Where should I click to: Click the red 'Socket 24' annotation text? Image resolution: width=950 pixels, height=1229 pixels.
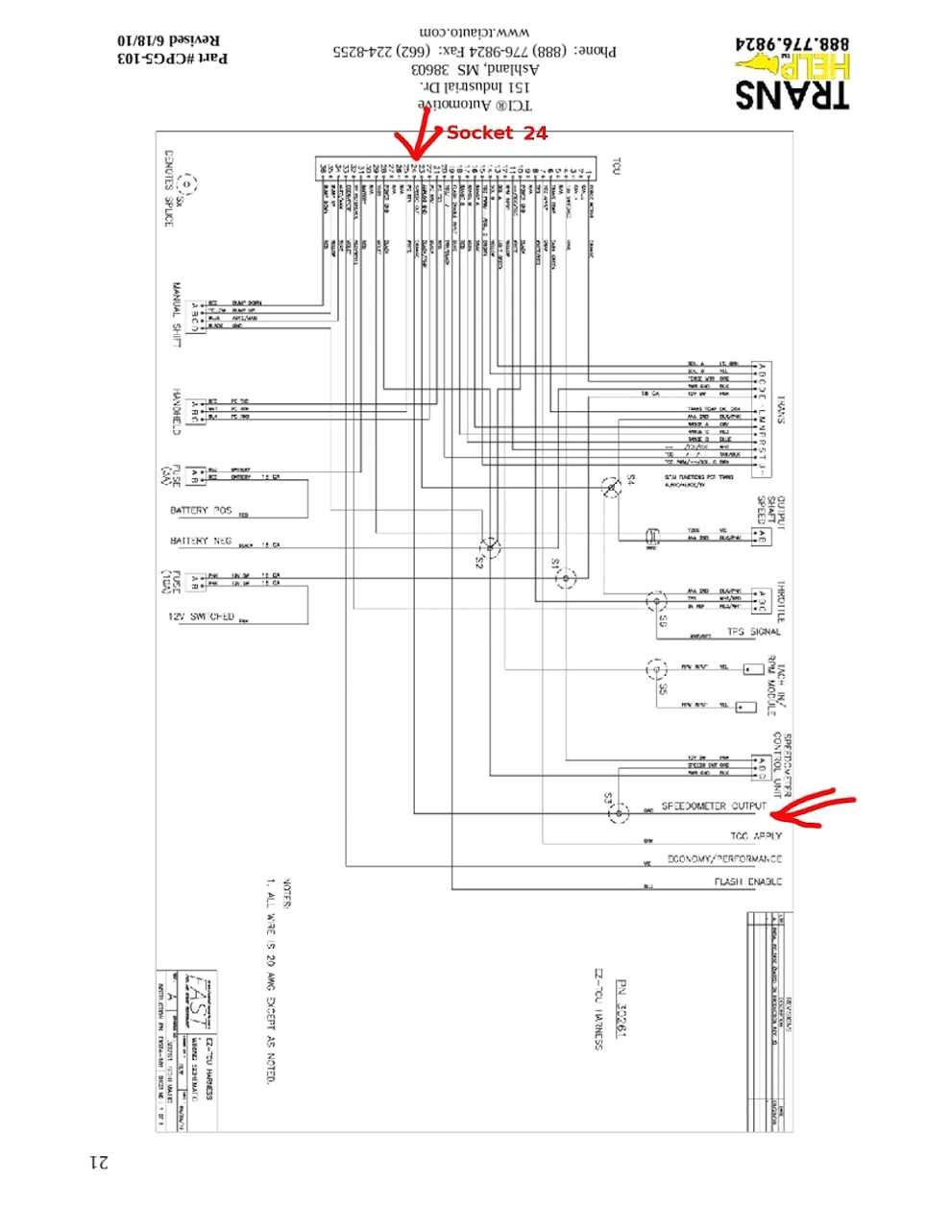point(497,133)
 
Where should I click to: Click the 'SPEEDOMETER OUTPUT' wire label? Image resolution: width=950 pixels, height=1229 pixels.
point(714,807)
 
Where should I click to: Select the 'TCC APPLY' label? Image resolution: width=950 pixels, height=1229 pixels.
point(755,836)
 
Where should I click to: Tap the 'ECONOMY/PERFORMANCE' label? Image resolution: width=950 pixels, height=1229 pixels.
point(724,858)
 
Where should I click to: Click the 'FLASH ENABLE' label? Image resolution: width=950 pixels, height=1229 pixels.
point(747,881)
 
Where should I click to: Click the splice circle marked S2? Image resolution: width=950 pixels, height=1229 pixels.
point(490,546)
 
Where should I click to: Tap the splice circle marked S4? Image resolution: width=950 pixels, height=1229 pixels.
point(611,489)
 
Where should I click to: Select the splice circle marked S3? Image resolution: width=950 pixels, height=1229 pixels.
point(620,813)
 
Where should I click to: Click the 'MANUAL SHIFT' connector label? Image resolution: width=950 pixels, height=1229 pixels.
point(177,315)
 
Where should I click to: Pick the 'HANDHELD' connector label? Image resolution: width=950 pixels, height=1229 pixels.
point(177,411)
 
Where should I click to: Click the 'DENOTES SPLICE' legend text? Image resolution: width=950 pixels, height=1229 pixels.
point(169,188)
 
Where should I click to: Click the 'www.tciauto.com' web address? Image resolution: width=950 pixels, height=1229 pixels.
point(475,33)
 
